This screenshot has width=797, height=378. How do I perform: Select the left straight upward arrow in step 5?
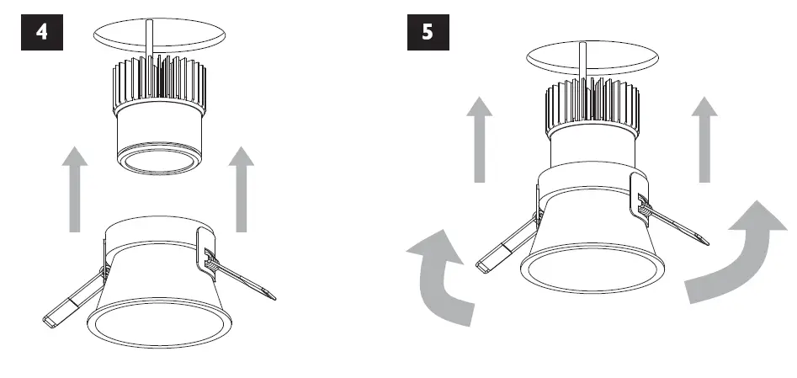pyautogui.click(x=479, y=139)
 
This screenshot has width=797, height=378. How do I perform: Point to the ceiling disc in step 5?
pyautogui.click(x=589, y=57)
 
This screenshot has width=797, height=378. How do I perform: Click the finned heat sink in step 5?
pyautogui.click(x=589, y=105)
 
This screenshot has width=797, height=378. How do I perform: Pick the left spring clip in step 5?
pyautogui.click(x=505, y=249)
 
